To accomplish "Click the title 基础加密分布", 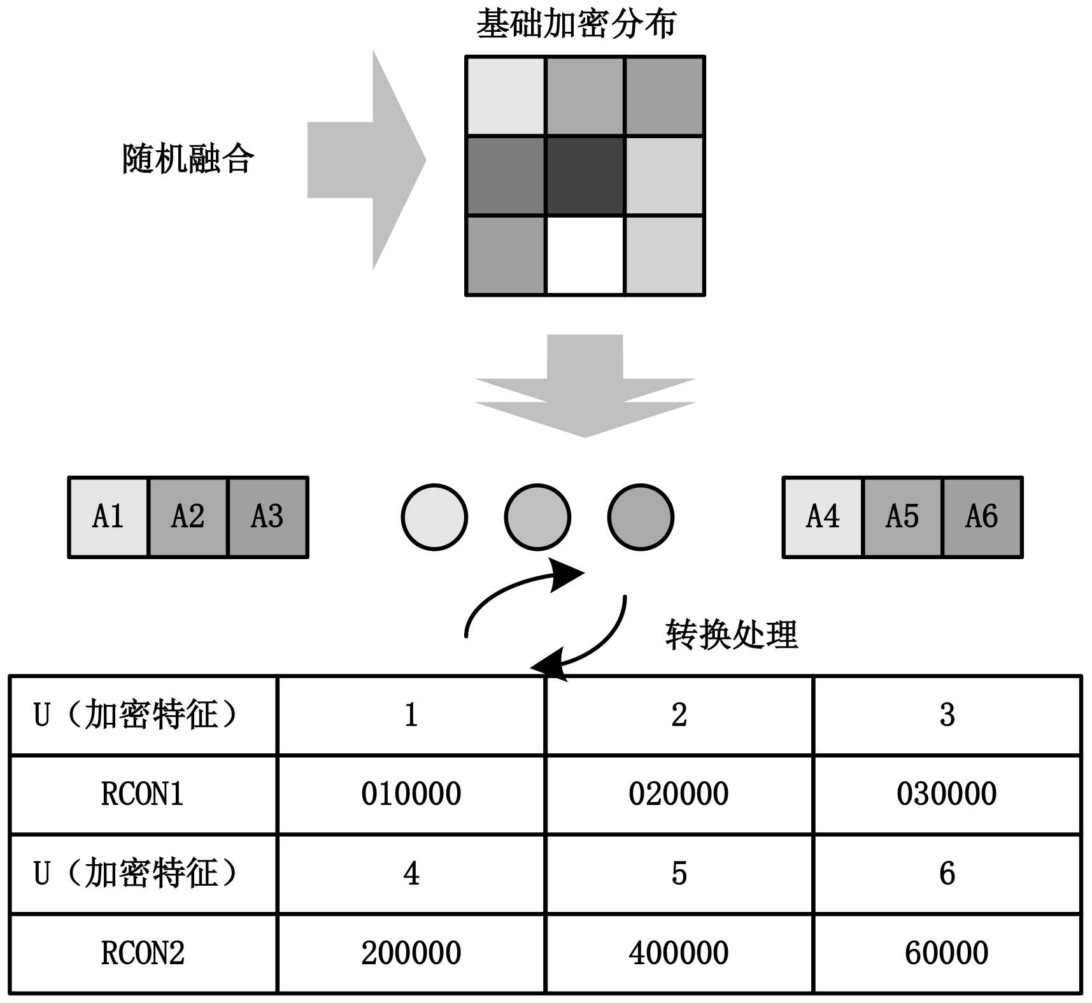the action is click(576, 24).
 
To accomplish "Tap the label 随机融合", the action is click(188, 159).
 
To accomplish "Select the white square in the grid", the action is click(585, 255).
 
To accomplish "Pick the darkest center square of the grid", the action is click(585, 176).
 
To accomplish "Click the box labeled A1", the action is click(108, 516).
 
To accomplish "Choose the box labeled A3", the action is click(267, 516).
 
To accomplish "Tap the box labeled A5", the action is click(902, 516).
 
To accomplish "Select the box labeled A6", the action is click(982, 516).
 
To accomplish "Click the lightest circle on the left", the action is click(434, 517).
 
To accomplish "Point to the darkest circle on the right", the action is click(641, 517).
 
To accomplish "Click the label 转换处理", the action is click(731, 634).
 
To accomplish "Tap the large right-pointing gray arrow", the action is click(366, 160).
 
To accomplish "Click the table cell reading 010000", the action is click(411, 794).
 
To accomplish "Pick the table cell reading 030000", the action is click(947, 794).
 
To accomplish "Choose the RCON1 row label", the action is click(143, 794).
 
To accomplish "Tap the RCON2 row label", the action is click(143, 953).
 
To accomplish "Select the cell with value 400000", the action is click(679, 953).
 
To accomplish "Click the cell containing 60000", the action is click(947, 953).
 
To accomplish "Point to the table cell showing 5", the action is click(679, 874).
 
